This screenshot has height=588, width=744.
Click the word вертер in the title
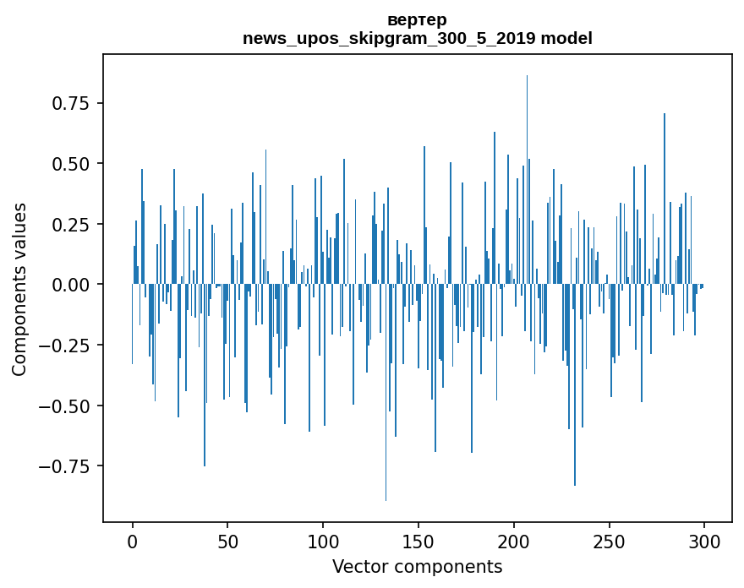pos(417,19)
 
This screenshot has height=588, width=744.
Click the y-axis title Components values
pos(19,289)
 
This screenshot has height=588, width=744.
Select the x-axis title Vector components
pos(417,567)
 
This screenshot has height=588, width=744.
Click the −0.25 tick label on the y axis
pos(66,346)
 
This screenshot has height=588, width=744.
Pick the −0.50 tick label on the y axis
pos(66,406)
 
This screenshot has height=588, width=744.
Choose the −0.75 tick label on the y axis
pos(66,466)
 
